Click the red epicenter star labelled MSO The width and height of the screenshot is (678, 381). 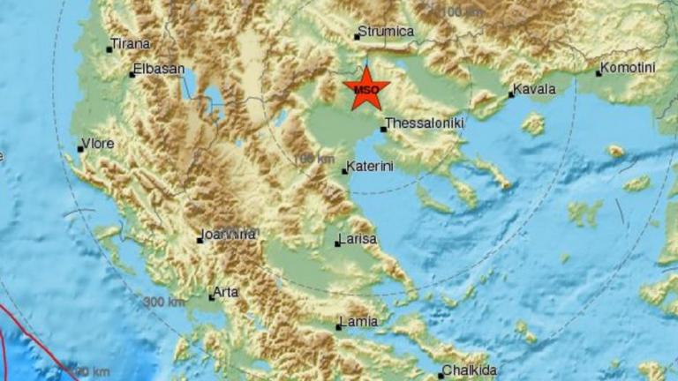[x=365, y=88]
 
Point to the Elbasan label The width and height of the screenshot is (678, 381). [x=160, y=69]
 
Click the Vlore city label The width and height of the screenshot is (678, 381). [x=98, y=144]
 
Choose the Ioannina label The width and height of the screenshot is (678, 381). [x=230, y=234]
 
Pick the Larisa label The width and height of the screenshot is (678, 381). [x=358, y=239]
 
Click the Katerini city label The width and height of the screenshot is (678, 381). [x=370, y=165]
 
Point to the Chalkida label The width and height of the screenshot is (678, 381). [x=469, y=370]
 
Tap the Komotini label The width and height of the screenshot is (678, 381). [x=629, y=67]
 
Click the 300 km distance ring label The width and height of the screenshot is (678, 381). [x=164, y=303]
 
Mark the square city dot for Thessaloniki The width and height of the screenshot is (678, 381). [x=382, y=130]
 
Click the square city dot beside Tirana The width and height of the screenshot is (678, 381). [x=109, y=49]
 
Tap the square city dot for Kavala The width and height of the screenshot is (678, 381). [x=512, y=95]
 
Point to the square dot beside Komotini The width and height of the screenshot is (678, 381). [x=598, y=73]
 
